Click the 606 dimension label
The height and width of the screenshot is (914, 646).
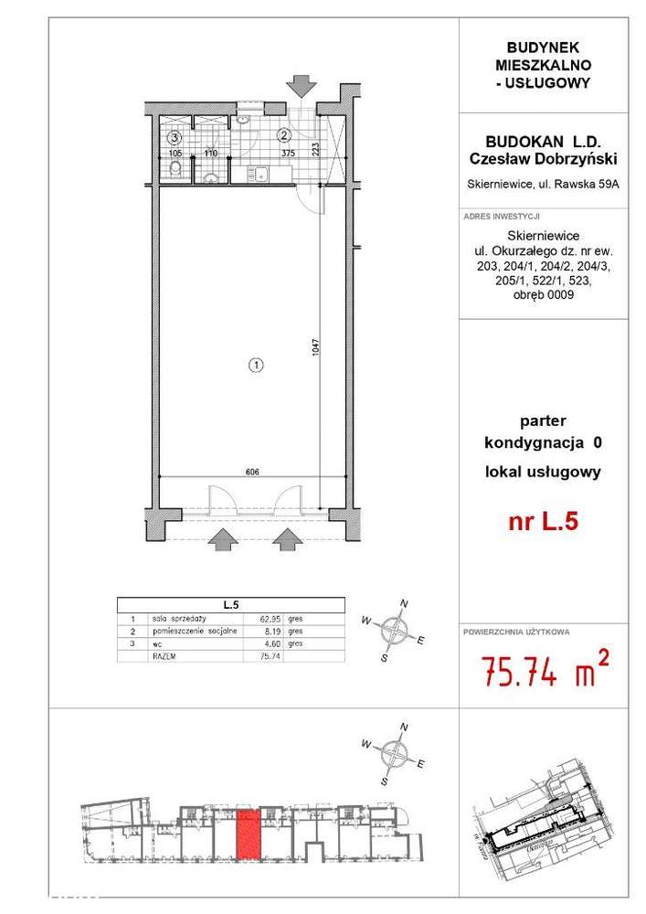pyautogui.click(x=253, y=473)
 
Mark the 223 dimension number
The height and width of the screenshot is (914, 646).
pyautogui.click(x=316, y=149)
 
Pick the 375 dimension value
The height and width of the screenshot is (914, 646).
pyautogui.click(x=288, y=154)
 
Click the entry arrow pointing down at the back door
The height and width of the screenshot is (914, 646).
pyautogui.click(x=299, y=86)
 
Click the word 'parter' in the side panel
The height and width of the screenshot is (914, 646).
pyautogui.click(x=543, y=421)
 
